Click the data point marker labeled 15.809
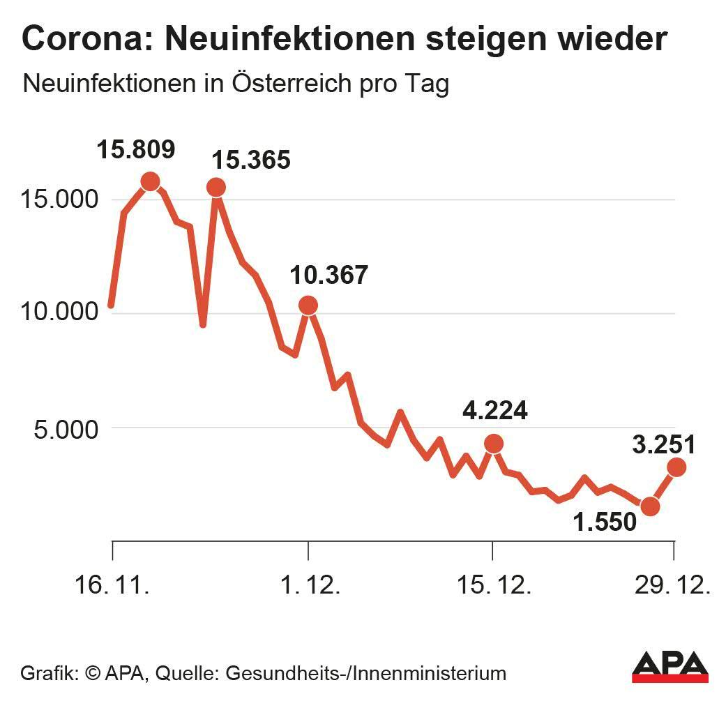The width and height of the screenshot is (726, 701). [150, 181]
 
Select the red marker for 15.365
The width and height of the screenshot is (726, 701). [216, 187]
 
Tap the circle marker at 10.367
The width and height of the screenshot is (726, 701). [308, 305]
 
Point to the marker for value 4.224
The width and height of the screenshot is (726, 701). [493, 444]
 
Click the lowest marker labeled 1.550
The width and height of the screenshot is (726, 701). [650, 506]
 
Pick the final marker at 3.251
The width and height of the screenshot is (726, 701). [676, 467]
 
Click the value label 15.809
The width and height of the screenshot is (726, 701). [136, 149]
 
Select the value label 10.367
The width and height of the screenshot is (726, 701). [329, 275]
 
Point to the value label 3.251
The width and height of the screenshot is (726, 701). [663, 444]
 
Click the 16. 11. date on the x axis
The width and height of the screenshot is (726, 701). [112, 585]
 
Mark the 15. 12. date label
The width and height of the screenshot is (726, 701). [494, 585]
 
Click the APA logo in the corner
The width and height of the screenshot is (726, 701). [670, 668]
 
